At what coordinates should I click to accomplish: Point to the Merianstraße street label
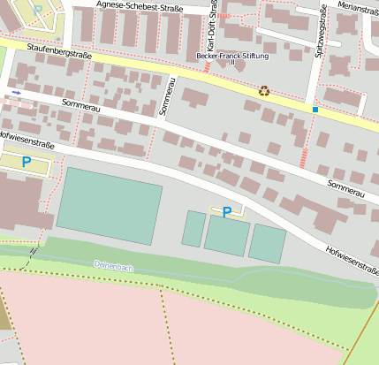[358, 7]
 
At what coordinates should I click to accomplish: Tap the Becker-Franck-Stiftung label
[232, 55]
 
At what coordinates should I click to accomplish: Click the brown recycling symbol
[264, 90]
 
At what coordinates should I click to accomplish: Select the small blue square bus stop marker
[315, 110]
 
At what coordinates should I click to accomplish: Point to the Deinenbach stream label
[112, 264]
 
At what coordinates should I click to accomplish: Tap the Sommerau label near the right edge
[345, 188]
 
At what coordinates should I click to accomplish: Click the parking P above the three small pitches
[227, 212]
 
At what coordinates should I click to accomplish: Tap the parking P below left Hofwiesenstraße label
[26, 163]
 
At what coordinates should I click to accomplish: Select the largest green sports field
[109, 205]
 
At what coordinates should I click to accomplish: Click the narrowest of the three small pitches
[193, 228]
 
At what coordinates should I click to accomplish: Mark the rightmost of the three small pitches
[267, 243]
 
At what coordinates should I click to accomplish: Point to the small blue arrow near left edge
[16, 92]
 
